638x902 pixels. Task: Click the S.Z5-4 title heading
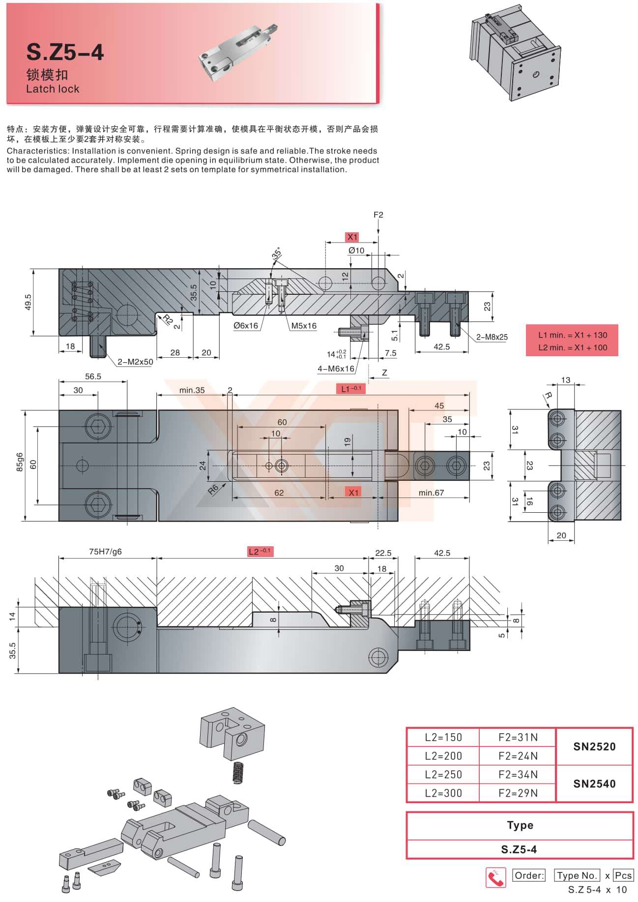pos(65,52)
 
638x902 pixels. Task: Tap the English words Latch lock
pos(53,89)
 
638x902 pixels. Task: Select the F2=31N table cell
pos(518,737)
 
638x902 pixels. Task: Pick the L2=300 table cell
pos(443,793)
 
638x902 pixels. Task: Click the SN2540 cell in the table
pos(594,783)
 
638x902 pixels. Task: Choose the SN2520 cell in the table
pos(594,746)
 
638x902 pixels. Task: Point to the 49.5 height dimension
pos(28,302)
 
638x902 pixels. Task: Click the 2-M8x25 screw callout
pos(492,337)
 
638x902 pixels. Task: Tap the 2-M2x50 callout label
pos(135,362)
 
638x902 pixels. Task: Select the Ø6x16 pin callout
pos(246,325)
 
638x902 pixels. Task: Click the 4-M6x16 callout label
pos(336,369)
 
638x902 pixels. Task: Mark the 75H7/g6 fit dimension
pos(105,552)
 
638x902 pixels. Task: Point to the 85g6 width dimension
pos(20,463)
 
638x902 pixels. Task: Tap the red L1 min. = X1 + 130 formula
pos(573,335)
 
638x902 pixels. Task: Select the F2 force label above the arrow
pos(378,215)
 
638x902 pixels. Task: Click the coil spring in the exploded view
pos(238,772)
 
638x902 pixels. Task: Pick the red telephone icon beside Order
pos(495,877)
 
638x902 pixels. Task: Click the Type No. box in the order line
pos(577,875)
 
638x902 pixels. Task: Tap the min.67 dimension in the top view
pos(431,492)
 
